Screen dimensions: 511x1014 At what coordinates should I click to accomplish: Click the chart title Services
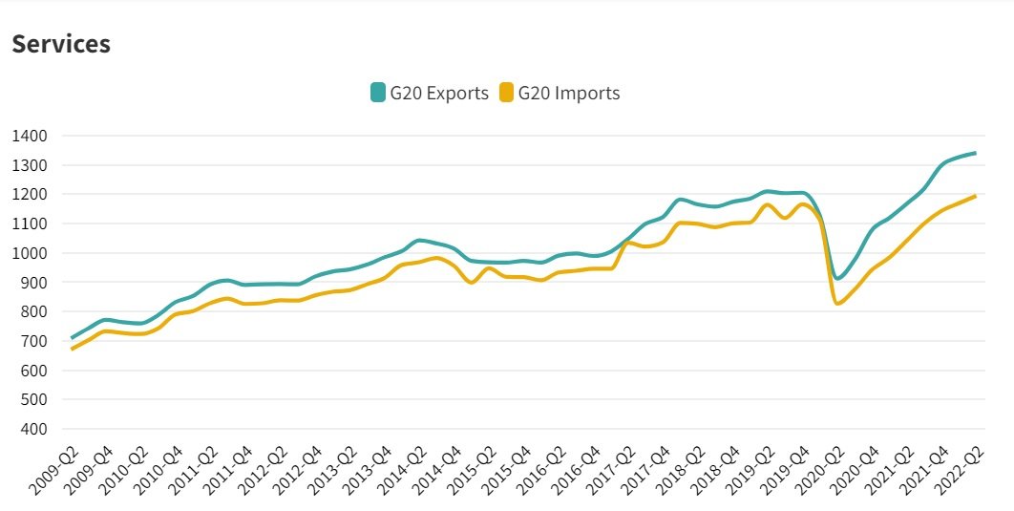point(61,44)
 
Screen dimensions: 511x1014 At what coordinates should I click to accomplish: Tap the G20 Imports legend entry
point(568,93)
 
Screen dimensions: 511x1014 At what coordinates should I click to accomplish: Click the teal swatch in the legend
point(378,93)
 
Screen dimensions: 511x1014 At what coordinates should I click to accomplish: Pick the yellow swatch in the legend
point(506,93)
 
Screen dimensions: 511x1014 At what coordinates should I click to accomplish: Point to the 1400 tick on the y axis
point(31,136)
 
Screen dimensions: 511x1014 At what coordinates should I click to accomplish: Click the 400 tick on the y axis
point(34,429)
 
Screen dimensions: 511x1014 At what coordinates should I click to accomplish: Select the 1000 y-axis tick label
point(31,253)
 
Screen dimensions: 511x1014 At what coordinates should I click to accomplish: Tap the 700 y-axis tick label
point(34,341)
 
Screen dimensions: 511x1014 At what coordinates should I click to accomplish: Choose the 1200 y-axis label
point(31,194)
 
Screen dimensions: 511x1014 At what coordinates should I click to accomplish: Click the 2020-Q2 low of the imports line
point(838,304)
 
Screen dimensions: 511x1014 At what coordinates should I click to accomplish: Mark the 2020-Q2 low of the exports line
point(838,278)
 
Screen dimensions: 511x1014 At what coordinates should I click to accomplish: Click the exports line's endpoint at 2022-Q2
point(975,153)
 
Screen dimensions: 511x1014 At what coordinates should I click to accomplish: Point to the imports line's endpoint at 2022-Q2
point(975,197)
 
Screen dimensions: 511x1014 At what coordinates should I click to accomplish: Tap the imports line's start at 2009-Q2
point(72,350)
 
